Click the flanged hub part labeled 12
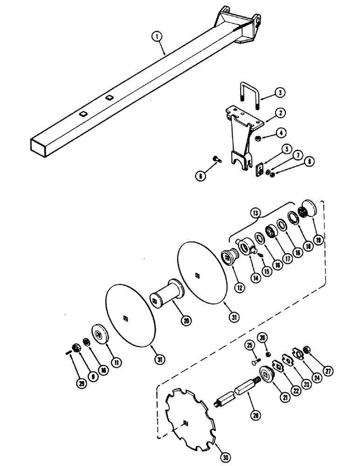(x=229, y=256)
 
